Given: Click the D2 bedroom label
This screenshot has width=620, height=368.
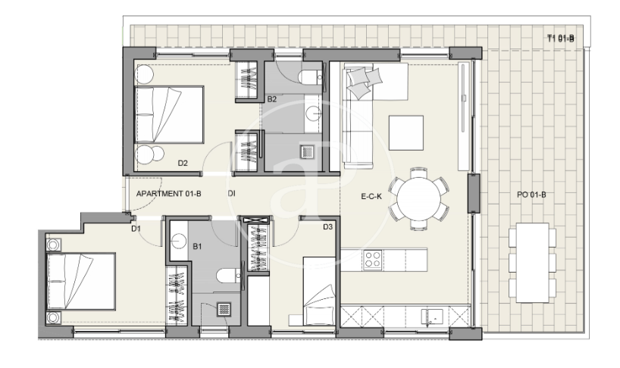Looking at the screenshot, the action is [182, 163].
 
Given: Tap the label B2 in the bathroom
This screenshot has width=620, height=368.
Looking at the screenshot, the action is [271, 99].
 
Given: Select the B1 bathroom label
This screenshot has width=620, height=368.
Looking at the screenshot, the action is [197, 247].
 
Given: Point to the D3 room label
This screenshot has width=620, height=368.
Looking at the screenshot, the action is [327, 227].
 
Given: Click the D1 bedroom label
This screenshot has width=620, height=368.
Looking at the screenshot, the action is [136, 229].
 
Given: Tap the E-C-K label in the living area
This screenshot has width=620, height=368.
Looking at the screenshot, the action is [371, 196].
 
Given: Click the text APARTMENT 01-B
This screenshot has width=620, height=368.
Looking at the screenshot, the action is [169, 194].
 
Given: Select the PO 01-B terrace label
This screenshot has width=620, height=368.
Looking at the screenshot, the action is [531, 195].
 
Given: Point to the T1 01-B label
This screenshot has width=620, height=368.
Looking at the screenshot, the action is [560, 39].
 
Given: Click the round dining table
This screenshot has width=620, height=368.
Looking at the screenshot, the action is [418, 198].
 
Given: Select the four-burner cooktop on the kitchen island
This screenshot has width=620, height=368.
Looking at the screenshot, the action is [372, 260].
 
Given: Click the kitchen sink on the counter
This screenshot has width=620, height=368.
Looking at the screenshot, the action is [432, 317].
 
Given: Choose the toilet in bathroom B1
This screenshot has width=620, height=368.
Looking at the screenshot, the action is [229, 276].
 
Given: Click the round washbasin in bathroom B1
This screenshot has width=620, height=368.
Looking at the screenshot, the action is [179, 242].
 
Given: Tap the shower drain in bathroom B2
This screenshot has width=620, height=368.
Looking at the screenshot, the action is [307, 152].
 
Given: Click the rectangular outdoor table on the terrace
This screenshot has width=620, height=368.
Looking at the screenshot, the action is [532, 263].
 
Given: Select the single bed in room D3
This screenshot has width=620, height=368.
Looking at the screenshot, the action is [319, 291].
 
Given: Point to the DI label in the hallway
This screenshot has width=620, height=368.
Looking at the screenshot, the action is [231, 194].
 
